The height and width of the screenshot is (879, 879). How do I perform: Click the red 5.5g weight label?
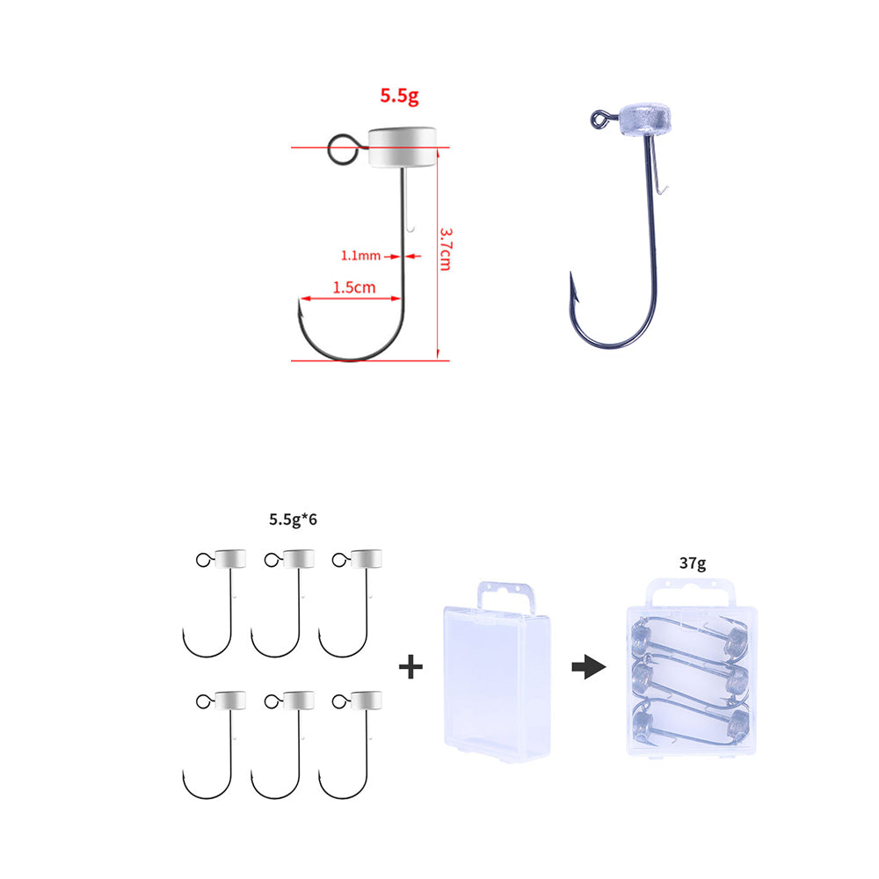[399, 95]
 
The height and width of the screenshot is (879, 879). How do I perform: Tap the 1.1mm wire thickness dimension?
[361, 256]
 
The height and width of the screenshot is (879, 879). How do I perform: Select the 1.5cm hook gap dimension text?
[354, 287]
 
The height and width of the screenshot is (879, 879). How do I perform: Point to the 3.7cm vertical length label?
[446, 250]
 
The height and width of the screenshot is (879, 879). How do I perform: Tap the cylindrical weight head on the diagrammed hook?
[402, 147]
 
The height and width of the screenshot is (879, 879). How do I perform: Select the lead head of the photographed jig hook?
[644, 120]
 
